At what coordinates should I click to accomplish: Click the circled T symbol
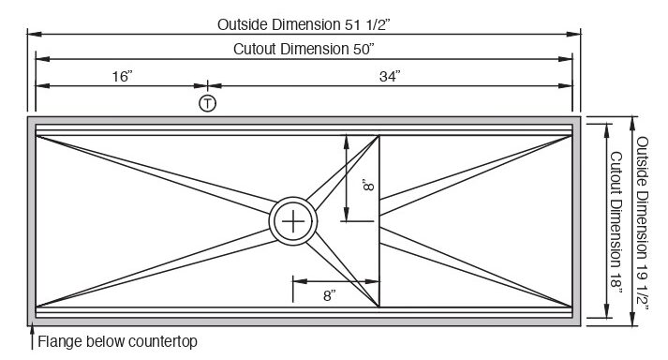pos(207,104)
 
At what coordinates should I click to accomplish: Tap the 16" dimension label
pos(123,76)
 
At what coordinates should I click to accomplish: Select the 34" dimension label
pos(390,76)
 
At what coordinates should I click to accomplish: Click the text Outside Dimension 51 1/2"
pos(304,24)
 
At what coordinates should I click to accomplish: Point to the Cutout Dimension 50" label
pos(304,49)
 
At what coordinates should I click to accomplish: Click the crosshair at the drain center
pos(293,221)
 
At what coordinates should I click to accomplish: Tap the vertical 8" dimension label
pos(368,185)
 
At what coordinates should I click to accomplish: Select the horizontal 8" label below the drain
pos(329,295)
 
